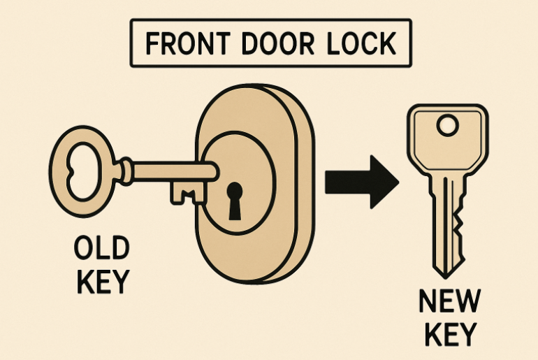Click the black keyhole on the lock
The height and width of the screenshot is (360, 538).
pos(235,194)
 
